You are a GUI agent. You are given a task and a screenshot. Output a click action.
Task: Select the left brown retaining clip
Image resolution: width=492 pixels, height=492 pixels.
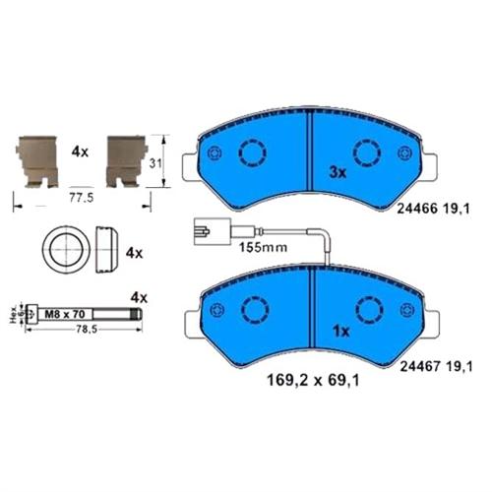(x=38, y=160)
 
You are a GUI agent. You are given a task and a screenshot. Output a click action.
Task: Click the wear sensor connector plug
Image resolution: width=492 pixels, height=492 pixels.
(x=202, y=234)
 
